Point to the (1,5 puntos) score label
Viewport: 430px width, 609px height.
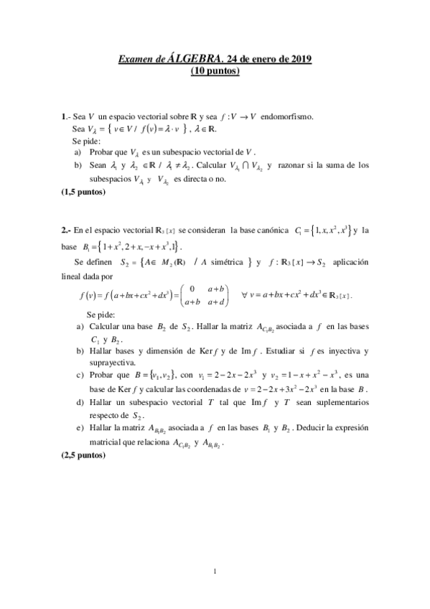tap(84, 192)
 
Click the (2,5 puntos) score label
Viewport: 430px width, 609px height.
tap(84, 455)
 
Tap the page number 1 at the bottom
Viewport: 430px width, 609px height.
tap(215, 571)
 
